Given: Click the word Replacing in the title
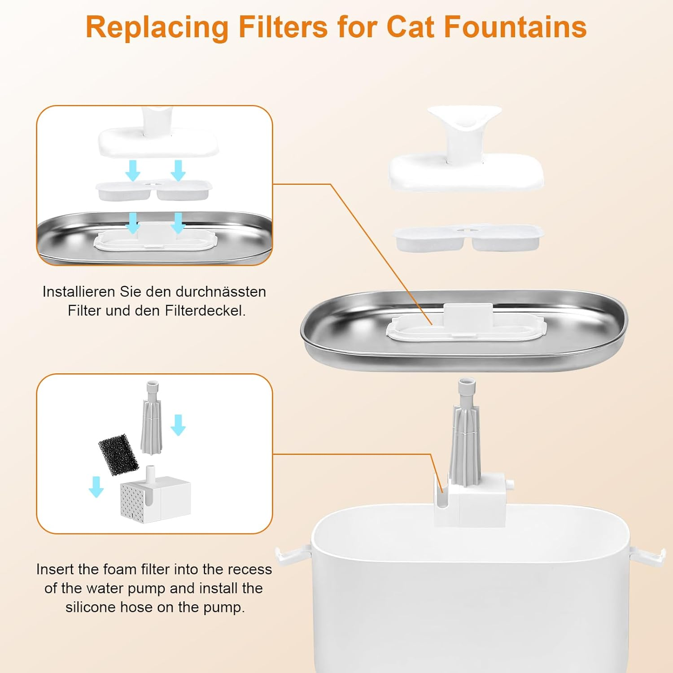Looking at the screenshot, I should pyautogui.click(x=157, y=28).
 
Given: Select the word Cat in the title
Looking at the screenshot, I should pyautogui.click(x=411, y=28).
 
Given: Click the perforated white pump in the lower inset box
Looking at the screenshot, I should pyautogui.click(x=155, y=497).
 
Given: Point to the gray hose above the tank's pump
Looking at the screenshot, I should pyautogui.click(x=465, y=431).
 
